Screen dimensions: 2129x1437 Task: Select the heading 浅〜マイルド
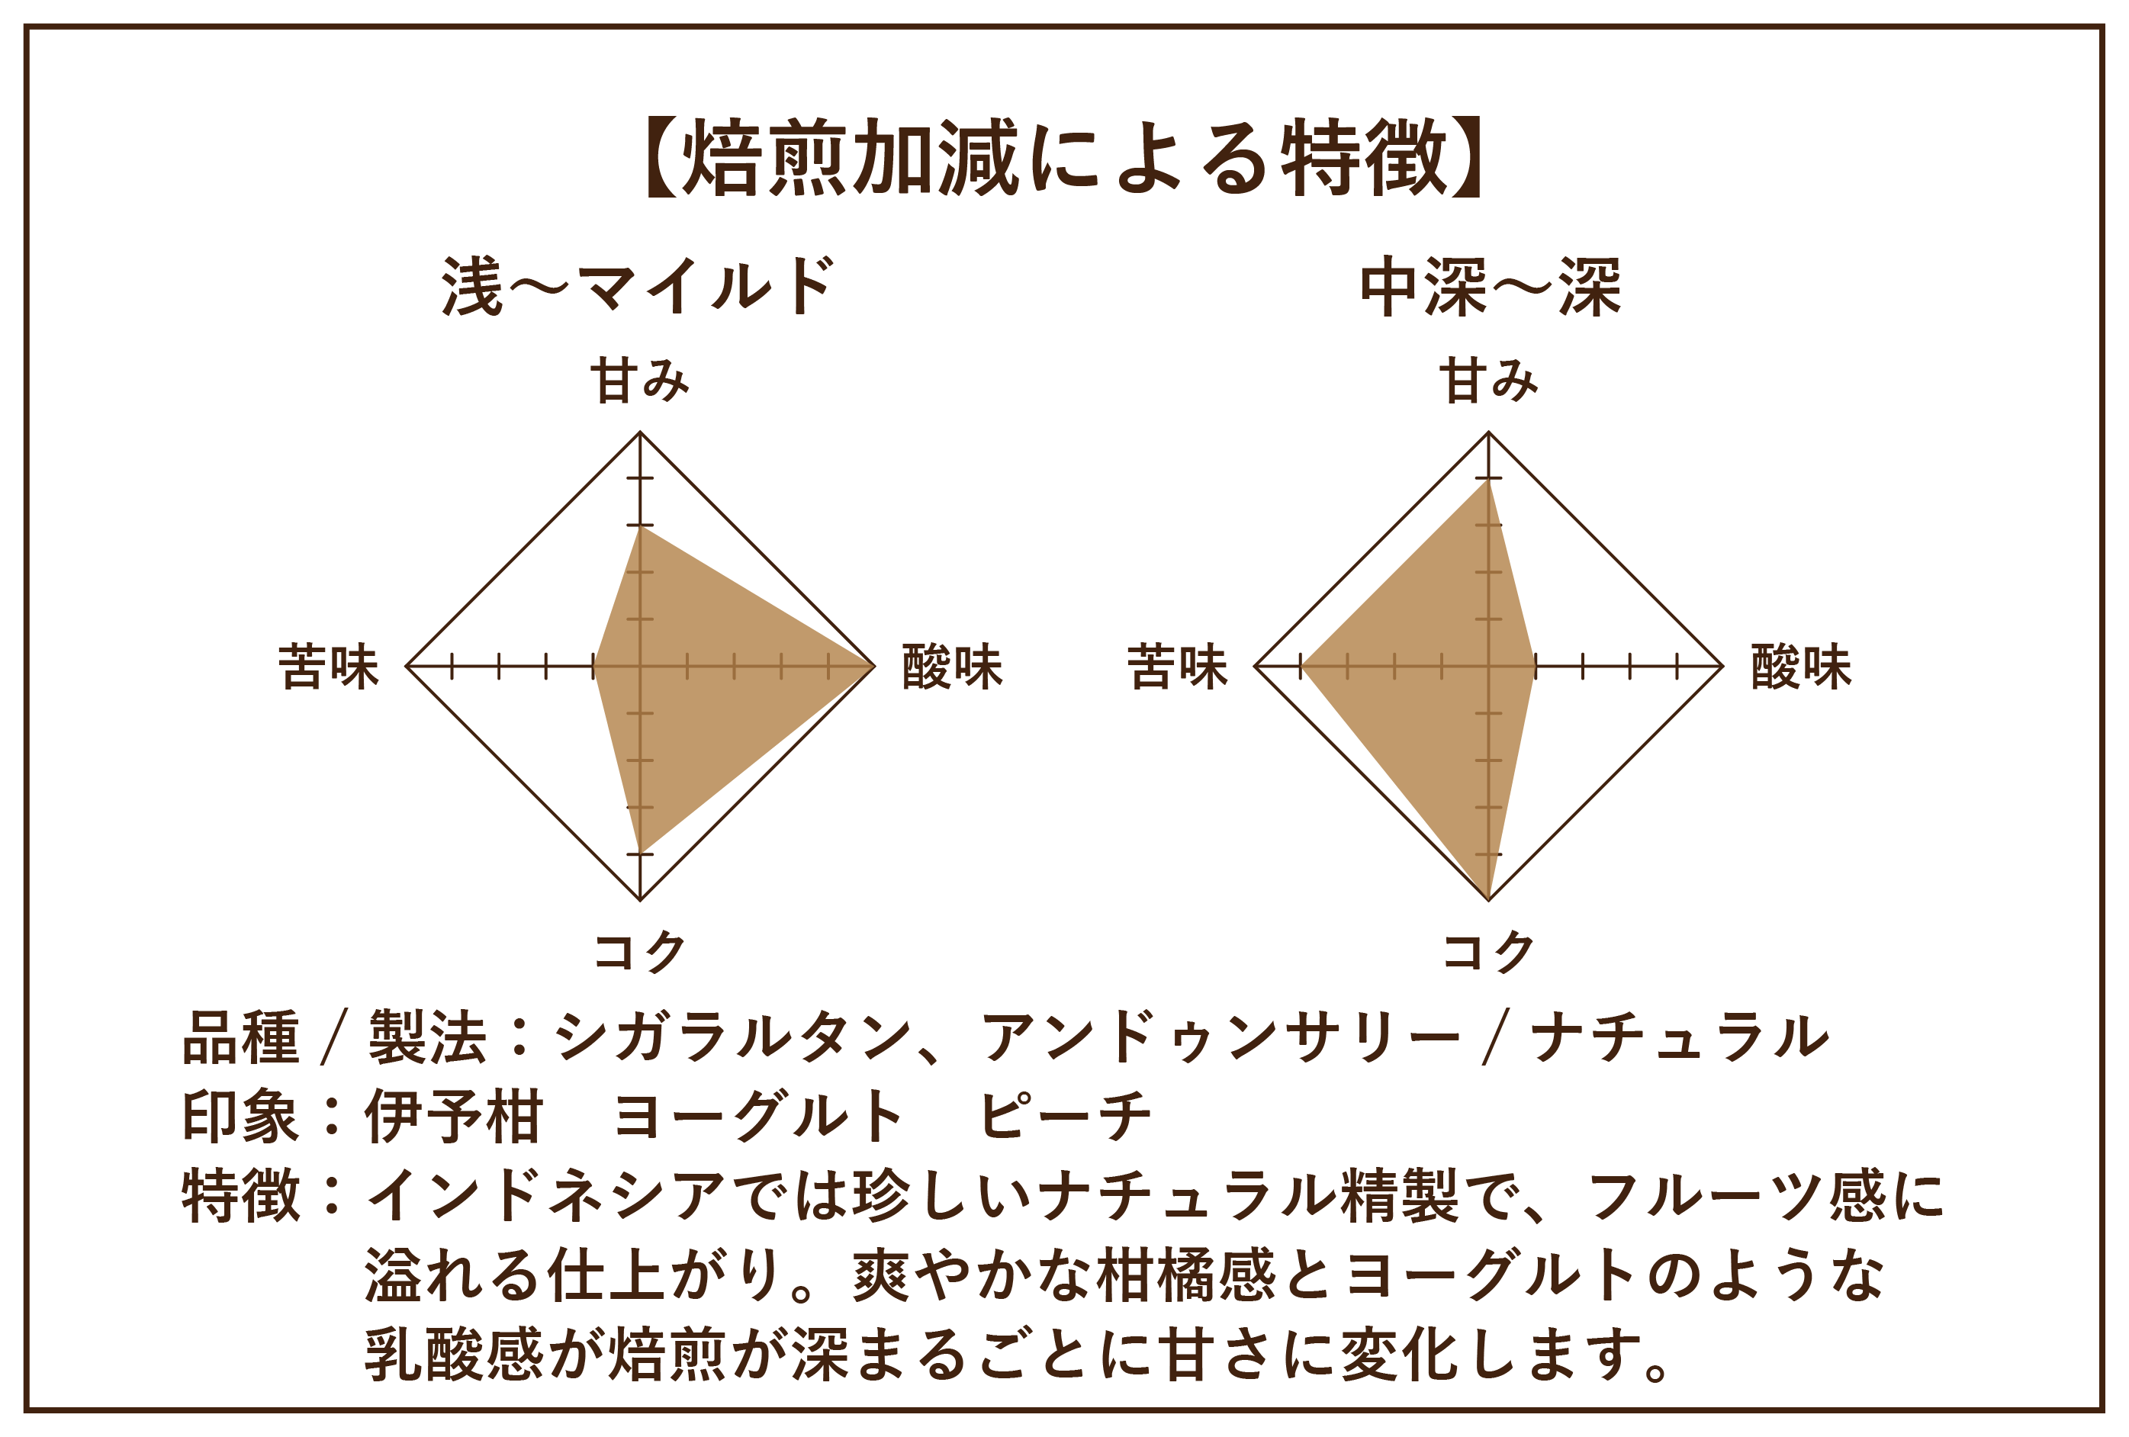point(638,287)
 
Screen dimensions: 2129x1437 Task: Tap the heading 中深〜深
point(1490,287)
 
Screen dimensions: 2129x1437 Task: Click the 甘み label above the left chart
point(638,381)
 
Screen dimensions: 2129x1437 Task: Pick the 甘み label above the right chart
point(1489,381)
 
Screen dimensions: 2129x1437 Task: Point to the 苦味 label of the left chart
point(328,666)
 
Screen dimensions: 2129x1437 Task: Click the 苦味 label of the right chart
point(1177,666)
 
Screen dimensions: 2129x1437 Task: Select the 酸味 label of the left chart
point(952,666)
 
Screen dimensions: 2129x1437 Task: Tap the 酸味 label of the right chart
point(1801,666)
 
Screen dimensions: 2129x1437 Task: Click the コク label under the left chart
point(639,952)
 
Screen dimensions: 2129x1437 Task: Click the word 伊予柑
point(452,1117)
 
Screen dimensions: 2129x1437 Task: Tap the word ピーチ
point(1065,1117)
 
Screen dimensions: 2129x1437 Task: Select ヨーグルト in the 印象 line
point(758,1117)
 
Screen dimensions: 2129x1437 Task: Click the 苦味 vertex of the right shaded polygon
point(1303,666)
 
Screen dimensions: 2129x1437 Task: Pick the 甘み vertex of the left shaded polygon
point(640,526)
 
